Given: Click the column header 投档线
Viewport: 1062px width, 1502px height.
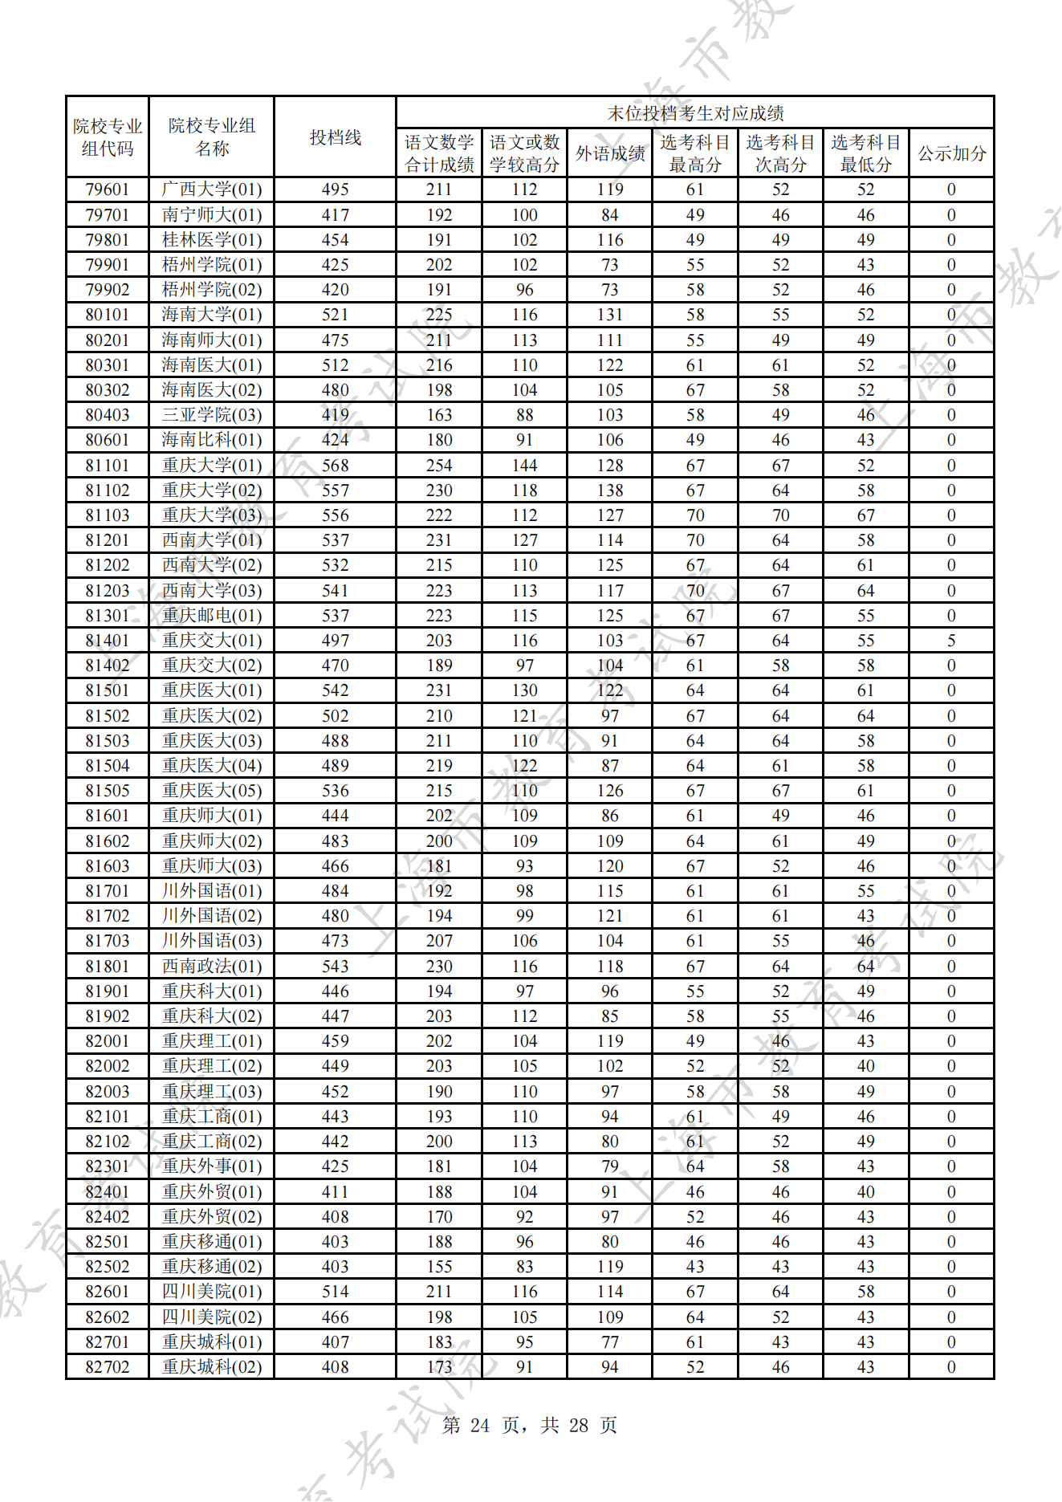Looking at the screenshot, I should tap(335, 137).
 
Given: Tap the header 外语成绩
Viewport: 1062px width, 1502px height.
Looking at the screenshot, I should tap(609, 153).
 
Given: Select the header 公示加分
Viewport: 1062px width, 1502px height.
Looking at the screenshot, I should tap(951, 153).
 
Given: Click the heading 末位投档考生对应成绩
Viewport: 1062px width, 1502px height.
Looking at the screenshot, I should tap(694, 113).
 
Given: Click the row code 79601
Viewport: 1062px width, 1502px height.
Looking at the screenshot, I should tap(108, 189).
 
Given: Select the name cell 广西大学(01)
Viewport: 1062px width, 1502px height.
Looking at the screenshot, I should tap(212, 189).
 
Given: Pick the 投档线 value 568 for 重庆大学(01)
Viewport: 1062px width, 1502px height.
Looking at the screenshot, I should tap(335, 466).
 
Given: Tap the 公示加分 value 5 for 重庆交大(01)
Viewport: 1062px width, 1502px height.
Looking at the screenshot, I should tap(951, 641).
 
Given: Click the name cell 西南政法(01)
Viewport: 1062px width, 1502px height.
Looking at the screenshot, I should tap(212, 967).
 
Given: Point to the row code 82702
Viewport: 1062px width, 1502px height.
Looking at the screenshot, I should tap(108, 1367).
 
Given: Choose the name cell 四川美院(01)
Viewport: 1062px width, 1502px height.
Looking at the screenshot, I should tap(212, 1292).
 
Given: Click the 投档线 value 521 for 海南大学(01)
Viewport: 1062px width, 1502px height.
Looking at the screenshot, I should tap(335, 315).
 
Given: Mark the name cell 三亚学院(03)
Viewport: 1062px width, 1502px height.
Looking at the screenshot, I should tap(212, 415).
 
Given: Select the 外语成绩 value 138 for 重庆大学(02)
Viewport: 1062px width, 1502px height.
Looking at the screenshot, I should tap(609, 490).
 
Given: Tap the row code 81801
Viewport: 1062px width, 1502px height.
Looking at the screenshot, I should tap(108, 967).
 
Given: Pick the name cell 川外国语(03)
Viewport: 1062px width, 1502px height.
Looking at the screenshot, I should tap(212, 941).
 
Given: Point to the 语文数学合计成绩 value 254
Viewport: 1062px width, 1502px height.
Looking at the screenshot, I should tap(439, 466).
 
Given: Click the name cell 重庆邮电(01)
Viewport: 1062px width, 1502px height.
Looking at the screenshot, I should tap(212, 616).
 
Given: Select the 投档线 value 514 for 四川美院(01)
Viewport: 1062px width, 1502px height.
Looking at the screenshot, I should tap(335, 1292).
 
